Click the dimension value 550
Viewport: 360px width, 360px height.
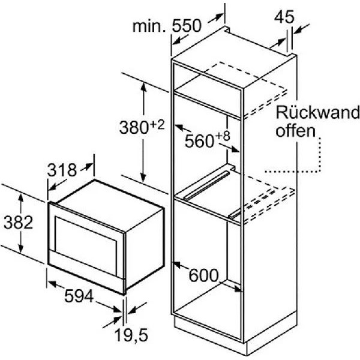coord(187,26)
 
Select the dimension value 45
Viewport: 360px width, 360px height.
coord(284,17)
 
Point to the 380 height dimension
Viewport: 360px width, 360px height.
coord(134,128)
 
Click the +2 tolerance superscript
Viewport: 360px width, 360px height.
coord(157,125)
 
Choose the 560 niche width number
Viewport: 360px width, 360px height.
coord(199,141)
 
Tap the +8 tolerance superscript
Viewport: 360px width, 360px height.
coord(223,137)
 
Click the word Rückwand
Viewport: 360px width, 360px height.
coord(317,113)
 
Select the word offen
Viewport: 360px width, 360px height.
coord(295,131)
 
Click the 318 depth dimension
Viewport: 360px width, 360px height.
coord(62,170)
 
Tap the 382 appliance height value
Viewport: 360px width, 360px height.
coord(19,223)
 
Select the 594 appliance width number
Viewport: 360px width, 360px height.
coord(79,296)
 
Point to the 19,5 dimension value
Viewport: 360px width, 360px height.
coord(131,335)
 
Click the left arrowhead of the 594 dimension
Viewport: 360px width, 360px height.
coord(52,284)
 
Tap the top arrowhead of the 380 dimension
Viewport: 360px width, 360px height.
coord(144,88)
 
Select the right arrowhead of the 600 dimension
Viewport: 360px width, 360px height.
coord(238,289)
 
